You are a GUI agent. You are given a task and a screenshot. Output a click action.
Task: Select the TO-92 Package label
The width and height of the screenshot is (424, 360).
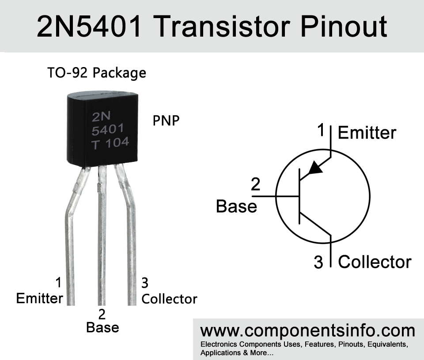pyautogui.click(x=97, y=72)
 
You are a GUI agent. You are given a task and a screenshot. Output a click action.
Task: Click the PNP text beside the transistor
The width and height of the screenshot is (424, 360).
pyautogui.click(x=166, y=121)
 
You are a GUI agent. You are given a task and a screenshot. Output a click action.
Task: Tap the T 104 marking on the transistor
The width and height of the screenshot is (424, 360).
pyautogui.click(x=110, y=143)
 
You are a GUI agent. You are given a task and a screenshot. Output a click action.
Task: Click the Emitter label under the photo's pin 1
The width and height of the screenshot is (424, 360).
pyautogui.click(x=39, y=299)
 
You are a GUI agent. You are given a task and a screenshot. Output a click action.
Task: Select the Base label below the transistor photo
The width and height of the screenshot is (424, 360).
pyautogui.click(x=102, y=327)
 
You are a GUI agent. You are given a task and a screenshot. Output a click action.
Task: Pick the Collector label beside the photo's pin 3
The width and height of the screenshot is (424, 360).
pyautogui.click(x=169, y=299)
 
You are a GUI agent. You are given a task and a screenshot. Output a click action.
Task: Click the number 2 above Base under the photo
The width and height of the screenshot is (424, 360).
pyautogui.click(x=102, y=314)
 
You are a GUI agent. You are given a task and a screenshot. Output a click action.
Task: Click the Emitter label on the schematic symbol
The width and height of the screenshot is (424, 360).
pyautogui.click(x=367, y=133)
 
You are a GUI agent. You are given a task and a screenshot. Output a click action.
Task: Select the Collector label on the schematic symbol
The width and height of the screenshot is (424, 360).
pyautogui.click(x=375, y=262)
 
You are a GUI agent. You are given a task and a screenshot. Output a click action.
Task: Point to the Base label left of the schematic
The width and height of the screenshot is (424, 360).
pyautogui.click(x=236, y=206)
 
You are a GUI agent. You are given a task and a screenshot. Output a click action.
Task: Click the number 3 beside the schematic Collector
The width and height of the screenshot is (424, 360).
pyautogui.click(x=318, y=263)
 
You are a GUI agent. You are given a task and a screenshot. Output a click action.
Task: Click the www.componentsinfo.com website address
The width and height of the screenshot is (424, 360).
pyautogui.click(x=308, y=330)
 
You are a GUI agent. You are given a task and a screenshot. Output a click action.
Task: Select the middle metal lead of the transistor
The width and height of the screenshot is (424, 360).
pyautogui.click(x=102, y=238)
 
